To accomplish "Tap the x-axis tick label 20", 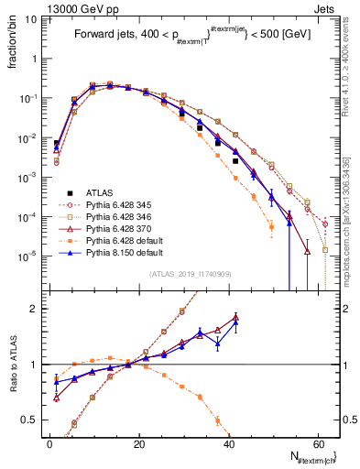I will (x=139, y=442).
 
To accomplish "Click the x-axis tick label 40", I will (x=229, y=442).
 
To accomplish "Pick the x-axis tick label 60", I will (x=319, y=442).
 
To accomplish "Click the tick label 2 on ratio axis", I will (x=36, y=309).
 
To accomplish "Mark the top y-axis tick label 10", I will (x=34, y=18).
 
